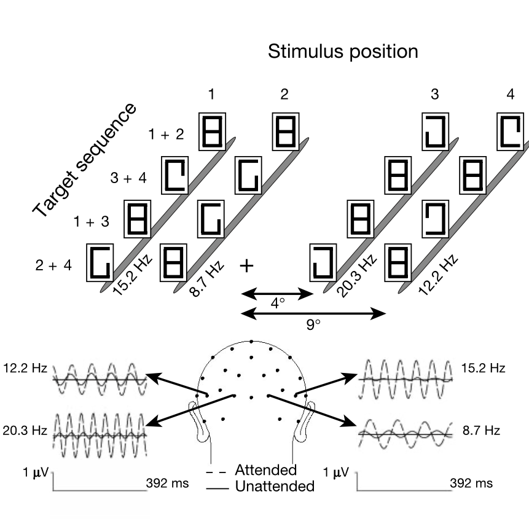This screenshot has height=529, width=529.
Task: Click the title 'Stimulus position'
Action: (x=343, y=52)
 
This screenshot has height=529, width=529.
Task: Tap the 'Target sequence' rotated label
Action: (x=84, y=161)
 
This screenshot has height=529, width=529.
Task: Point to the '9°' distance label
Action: (x=313, y=324)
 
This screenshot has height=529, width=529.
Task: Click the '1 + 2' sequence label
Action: (x=166, y=134)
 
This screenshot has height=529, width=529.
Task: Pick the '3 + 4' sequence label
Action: (x=130, y=179)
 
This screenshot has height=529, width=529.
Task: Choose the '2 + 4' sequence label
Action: (x=53, y=265)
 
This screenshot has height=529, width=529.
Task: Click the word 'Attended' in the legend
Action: (x=265, y=471)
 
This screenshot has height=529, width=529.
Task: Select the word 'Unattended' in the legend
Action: (x=274, y=487)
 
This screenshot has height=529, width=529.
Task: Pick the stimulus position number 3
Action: (x=434, y=95)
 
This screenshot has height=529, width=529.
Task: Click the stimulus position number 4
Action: (x=510, y=95)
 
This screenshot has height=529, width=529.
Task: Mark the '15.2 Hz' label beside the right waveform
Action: (x=483, y=369)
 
